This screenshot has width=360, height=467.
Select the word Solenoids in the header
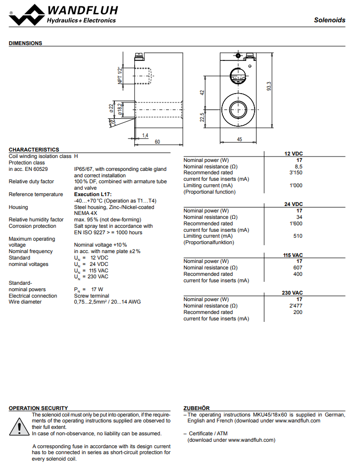(x=330, y=20)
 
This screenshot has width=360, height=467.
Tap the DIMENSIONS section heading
(x=25, y=43)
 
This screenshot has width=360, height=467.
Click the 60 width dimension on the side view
(x=157, y=142)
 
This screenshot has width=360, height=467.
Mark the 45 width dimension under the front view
(x=239, y=140)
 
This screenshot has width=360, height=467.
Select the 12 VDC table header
(x=293, y=154)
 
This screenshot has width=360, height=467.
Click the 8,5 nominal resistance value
(x=299, y=166)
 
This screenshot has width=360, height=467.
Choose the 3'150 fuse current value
(x=296, y=173)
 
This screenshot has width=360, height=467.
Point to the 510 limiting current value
(x=298, y=236)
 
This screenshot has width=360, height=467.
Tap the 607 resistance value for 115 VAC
(x=298, y=267)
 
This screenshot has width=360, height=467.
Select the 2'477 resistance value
(x=296, y=306)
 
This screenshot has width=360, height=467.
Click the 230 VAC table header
(x=292, y=293)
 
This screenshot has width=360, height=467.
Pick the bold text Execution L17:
(x=93, y=195)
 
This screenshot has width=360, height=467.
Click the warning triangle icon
(x=19, y=426)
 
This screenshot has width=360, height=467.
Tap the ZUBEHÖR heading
(x=197, y=408)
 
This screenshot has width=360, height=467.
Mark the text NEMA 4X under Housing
(x=86, y=213)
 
